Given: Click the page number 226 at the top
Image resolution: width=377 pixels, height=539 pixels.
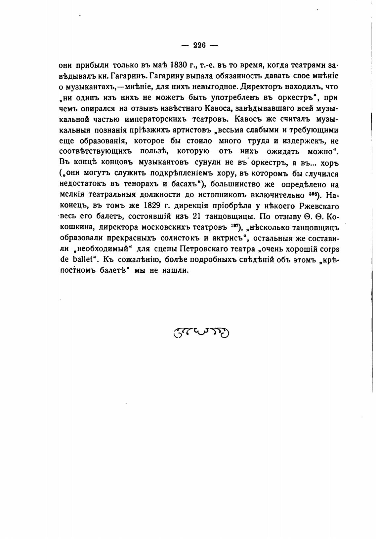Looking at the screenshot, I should [200, 46].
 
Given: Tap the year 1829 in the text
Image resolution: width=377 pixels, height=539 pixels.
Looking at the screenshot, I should [152, 206].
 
